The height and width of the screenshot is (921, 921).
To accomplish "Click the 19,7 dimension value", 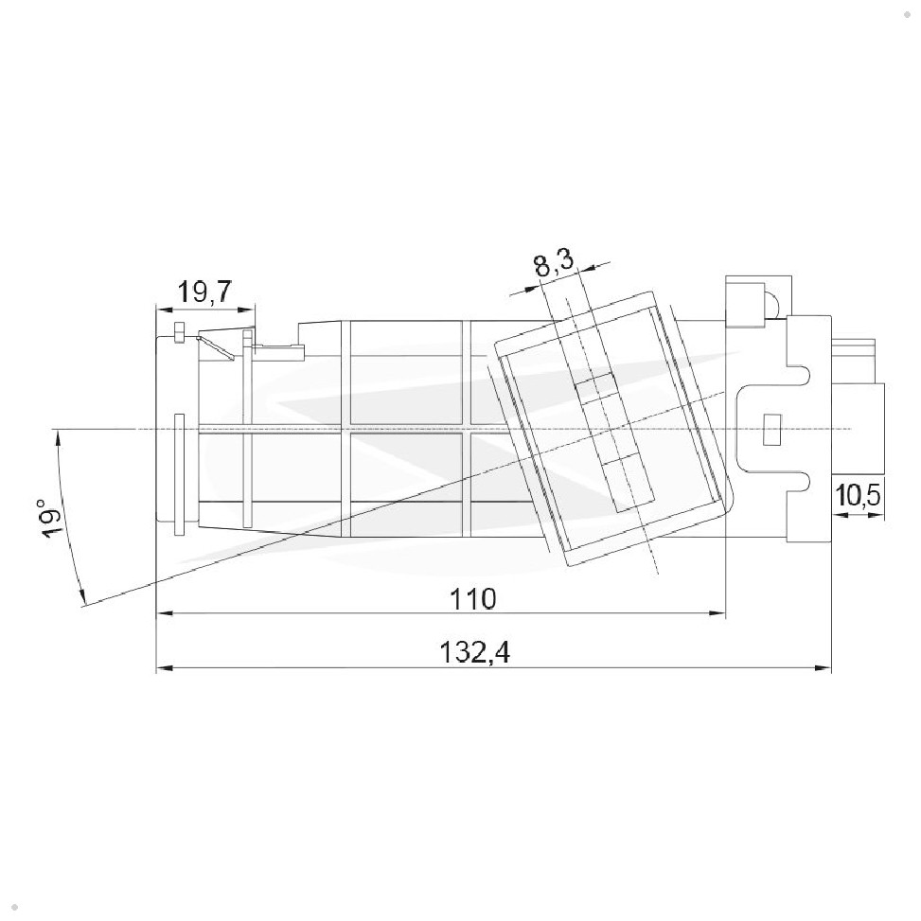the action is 204,292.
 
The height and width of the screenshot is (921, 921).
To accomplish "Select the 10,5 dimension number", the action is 858,496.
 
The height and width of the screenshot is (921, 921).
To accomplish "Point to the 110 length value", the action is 473,599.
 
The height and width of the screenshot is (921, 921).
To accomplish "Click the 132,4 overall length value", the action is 475,652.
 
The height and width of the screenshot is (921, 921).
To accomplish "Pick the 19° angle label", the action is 50,519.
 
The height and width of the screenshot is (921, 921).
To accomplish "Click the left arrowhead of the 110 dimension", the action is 164,613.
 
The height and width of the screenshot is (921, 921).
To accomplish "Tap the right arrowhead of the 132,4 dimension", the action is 823,668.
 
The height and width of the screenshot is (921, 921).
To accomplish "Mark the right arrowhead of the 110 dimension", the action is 717,613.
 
